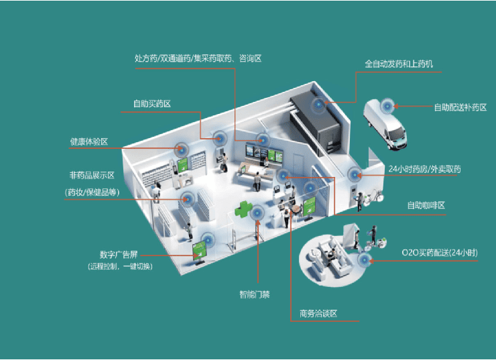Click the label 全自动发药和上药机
(399, 64)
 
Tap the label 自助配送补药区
(459, 107)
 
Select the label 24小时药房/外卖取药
(425, 168)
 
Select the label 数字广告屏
(118, 255)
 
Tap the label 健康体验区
(89, 142)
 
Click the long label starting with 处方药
(198, 58)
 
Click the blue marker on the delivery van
(387, 106)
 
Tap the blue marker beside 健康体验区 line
(180, 149)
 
